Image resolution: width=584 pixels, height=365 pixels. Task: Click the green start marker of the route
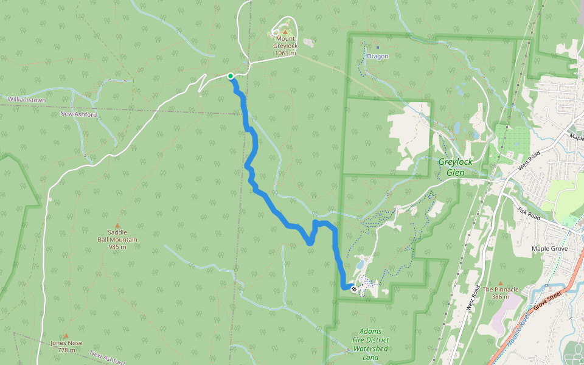(231, 76)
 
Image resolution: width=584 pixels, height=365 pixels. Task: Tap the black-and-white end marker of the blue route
(354, 289)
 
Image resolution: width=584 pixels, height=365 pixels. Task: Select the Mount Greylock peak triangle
(285, 32)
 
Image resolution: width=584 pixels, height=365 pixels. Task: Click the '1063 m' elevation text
(285, 53)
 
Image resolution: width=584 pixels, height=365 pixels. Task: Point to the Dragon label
(377, 57)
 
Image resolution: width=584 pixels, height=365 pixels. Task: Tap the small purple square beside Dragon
(377, 47)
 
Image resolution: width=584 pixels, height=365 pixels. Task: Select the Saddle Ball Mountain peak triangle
(117, 225)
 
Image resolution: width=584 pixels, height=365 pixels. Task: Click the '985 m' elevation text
(117, 247)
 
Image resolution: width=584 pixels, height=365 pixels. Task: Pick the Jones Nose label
(66, 343)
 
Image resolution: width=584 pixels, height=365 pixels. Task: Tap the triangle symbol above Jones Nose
(66, 335)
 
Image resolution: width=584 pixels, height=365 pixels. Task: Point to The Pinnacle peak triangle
(501, 283)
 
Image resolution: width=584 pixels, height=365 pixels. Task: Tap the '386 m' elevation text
(501, 297)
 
